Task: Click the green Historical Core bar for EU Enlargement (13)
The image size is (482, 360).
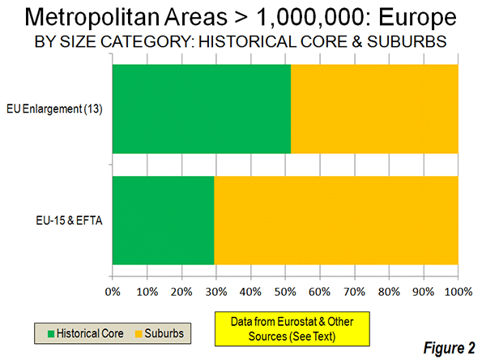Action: tap(202, 109)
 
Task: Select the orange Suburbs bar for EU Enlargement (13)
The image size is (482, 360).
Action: tap(374, 109)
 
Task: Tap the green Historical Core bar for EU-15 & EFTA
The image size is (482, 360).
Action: tap(163, 221)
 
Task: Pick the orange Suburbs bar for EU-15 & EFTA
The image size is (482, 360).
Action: tap(336, 221)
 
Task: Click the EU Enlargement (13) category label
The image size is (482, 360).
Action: tap(54, 109)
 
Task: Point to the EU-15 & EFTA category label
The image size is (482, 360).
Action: tap(69, 221)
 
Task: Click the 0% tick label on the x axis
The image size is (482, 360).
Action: tap(113, 291)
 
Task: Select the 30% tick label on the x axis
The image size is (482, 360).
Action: tap(216, 291)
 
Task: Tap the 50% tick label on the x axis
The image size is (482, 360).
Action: tap(285, 291)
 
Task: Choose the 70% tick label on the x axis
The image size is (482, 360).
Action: tap(355, 291)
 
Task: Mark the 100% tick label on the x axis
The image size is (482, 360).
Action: tap(459, 291)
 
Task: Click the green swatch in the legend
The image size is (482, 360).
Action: tap(51, 334)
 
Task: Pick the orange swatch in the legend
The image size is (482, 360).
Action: tap(139, 334)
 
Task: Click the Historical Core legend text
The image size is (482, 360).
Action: tap(90, 333)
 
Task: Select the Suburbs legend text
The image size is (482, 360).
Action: tap(164, 333)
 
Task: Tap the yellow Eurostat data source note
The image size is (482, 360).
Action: tap(292, 329)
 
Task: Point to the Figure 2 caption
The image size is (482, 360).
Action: tap(449, 348)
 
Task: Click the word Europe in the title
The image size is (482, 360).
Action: tap(417, 18)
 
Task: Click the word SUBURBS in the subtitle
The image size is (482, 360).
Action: tap(407, 41)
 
